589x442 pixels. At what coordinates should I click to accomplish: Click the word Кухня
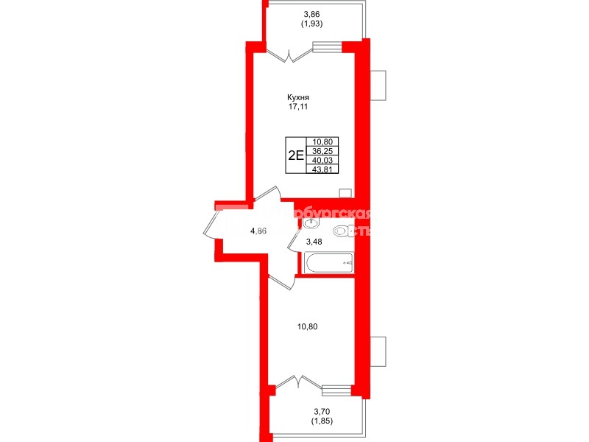point(298,97)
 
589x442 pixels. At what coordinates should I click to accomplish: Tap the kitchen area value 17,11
point(298,108)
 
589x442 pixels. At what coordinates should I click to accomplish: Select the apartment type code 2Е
point(295,155)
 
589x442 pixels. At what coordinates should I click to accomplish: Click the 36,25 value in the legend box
point(322,150)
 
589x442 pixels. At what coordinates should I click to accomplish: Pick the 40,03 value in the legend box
point(322,159)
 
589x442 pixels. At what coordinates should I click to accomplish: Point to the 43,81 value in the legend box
point(322,168)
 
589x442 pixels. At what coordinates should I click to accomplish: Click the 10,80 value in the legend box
point(322,141)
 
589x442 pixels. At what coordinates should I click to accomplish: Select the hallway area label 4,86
point(258,231)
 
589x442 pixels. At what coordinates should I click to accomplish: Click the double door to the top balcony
point(289,54)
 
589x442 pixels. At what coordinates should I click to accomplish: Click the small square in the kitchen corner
point(345,193)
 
